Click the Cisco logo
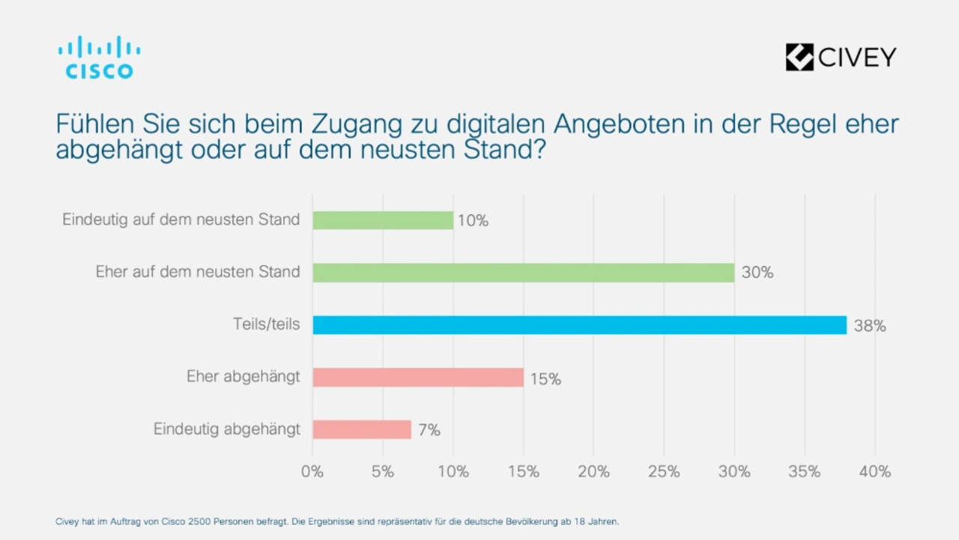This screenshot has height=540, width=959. [x=99, y=58]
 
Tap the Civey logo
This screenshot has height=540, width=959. [x=841, y=57]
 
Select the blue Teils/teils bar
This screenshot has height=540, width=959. [x=579, y=325]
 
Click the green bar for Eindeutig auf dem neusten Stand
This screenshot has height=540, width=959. [x=383, y=220]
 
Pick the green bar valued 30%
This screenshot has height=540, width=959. [x=523, y=273]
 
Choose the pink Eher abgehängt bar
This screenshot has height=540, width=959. [x=418, y=377]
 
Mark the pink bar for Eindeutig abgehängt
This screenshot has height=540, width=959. [x=362, y=429]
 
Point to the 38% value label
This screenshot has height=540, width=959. [x=870, y=326]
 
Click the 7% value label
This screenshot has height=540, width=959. [x=429, y=430]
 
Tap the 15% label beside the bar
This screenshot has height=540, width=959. [x=545, y=378]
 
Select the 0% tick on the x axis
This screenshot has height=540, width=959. [x=312, y=472]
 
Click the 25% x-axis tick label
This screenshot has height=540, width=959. [x=664, y=472]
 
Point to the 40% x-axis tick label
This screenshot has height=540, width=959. [x=875, y=472]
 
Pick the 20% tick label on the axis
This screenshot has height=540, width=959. [x=593, y=472]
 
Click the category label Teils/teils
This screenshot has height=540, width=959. [x=266, y=324]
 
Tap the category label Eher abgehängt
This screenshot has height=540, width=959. [x=243, y=377]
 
